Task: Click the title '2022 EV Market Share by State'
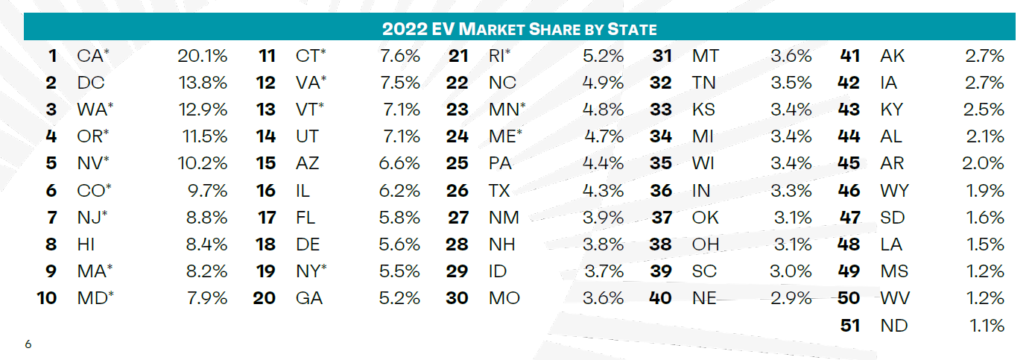click(519, 29)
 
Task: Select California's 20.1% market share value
click(202, 56)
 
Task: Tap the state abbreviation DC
click(91, 83)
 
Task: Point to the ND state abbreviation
click(894, 325)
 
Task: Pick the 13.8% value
click(202, 83)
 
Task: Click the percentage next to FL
click(400, 218)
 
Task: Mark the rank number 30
click(457, 298)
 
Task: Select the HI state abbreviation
click(87, 244)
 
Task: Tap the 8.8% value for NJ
click(207, 218)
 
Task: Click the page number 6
click(28, 344)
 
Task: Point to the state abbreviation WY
click(894, 191)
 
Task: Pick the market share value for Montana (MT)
click(791, 56)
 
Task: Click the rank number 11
click(267, 56)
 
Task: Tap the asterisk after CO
click(109, 187)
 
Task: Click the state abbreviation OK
click(706, 218)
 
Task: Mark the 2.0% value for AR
click(984, 163)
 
